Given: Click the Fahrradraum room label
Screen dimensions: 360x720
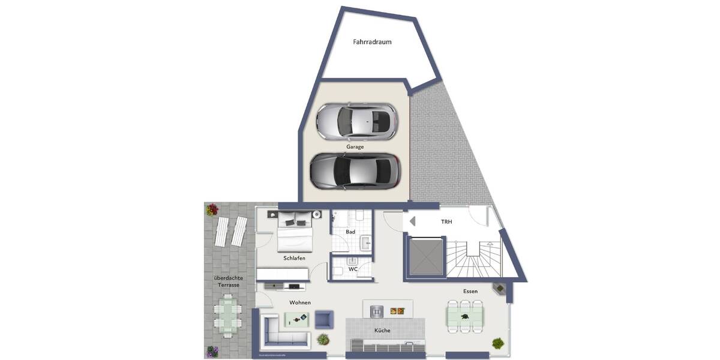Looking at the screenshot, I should point(372,43).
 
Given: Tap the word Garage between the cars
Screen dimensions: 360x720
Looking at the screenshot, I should point(355,146).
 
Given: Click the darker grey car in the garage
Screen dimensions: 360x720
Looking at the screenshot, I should point(355,170).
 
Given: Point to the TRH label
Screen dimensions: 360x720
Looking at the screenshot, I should point(446,222).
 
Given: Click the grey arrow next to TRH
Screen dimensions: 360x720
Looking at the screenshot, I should point(412,221).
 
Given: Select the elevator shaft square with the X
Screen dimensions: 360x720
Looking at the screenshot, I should point(425,256).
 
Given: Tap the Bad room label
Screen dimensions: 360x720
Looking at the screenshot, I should point(350,232).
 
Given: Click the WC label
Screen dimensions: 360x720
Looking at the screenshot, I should point(353,269).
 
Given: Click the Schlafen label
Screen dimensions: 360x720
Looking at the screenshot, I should point(294,258).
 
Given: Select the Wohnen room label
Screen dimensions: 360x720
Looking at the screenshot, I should point(300,303).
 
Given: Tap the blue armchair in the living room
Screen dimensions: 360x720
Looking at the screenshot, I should point(324,319).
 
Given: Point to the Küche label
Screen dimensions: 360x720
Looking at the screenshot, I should point(383,331).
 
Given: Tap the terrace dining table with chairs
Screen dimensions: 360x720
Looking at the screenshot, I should point(228,316).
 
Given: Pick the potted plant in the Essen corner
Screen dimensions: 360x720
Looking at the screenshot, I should point(497,343).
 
